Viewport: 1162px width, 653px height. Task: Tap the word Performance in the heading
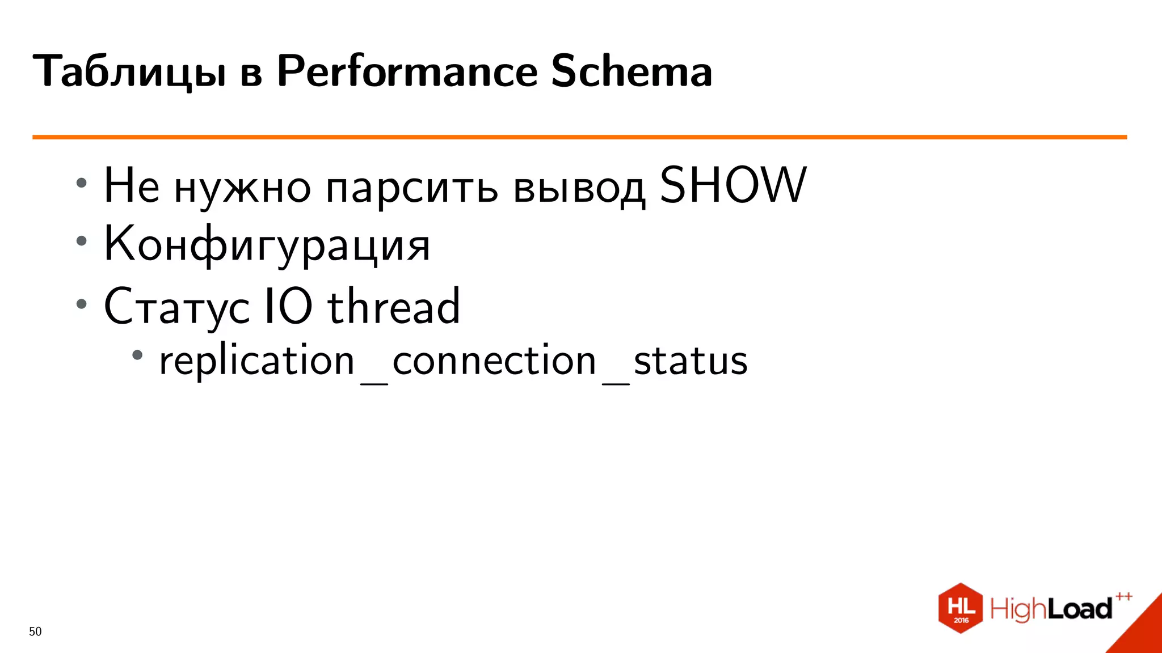coord(407,71)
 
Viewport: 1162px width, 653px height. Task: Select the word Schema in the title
coord(631,71)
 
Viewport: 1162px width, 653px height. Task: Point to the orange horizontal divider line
coord(579,137)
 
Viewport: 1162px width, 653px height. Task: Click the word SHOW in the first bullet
coord(732,185)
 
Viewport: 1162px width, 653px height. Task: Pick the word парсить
coord(412,188)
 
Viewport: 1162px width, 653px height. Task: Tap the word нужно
coord(242,188)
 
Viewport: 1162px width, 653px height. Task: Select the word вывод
coord(579,188)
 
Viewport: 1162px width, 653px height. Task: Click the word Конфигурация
coord(267,244)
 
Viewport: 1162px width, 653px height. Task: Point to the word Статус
coord(176,307)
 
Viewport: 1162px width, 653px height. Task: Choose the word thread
coord(394,306)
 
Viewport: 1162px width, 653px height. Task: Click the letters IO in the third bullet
coord(288,306)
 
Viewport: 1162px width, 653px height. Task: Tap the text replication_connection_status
coord(453,361)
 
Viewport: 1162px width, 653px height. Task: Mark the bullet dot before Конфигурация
coord(82,241)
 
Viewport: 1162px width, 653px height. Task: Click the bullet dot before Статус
coord(82,304)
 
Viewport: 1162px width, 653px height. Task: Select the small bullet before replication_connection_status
coord(137,355)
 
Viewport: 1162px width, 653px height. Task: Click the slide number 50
coord(35,631)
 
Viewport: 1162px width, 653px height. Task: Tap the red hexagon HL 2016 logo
coord(961,608)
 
